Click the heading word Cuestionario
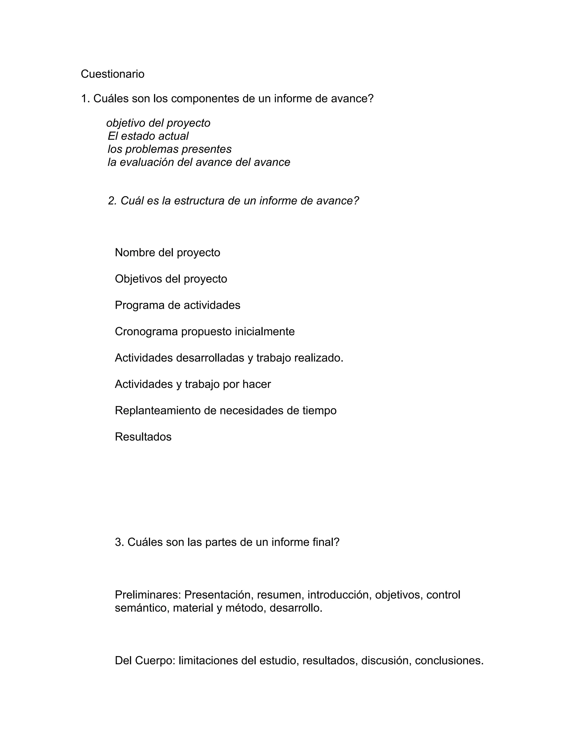pyautogui.click(x=112, y=74)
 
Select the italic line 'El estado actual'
pyautogui.click(x=148, y=136)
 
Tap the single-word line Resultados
pyautogui.click(x=143, y=437)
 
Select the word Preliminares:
pyautogui.click(x=148, y=595)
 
